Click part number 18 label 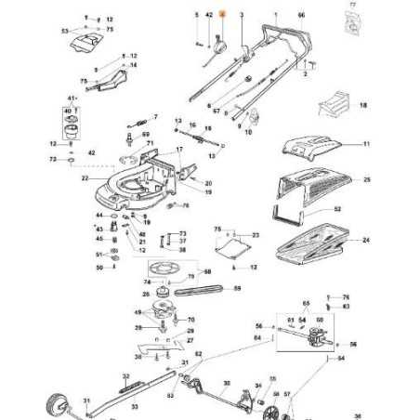coord(362,107)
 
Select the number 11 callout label coord(366,145)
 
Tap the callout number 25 coord(366,178)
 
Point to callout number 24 coord(366,241)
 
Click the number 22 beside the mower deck coord(85,177)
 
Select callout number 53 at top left coord(64,31)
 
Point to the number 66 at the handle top coord(300,17)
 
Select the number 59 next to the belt coord(236,289)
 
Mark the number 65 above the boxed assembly coord(305,303)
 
